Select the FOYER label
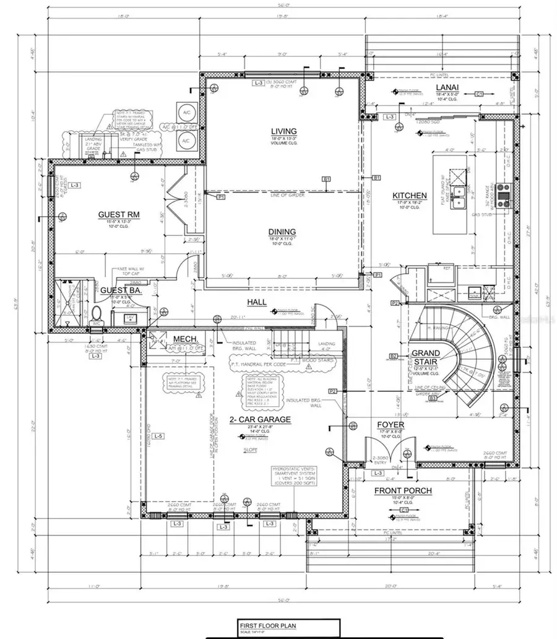391,425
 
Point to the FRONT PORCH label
403,491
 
